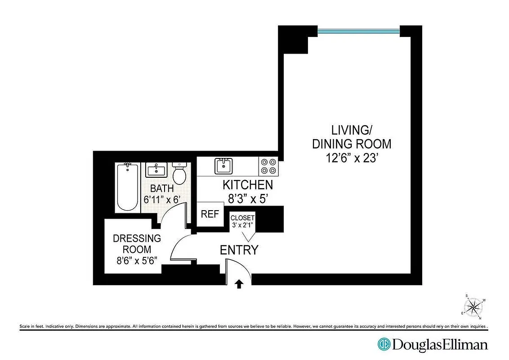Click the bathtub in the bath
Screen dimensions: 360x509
point(127,188)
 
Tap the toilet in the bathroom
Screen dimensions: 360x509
point(179,174)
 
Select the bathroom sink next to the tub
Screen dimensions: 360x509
point(156,170)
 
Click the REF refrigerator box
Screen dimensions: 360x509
point(210,214)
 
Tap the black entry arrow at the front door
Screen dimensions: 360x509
point(239,283)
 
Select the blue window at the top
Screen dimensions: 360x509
point(358,31)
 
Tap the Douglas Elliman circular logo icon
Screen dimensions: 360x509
point(384,345)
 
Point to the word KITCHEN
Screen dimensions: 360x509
point(248,185)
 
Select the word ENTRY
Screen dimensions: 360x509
point(239,250)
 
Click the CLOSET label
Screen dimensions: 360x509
point(242,218)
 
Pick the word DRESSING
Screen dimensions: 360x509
point(137,238)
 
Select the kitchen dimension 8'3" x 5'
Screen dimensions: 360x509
point(248,198)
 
